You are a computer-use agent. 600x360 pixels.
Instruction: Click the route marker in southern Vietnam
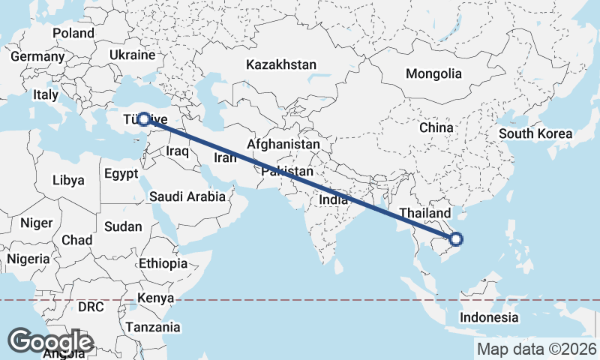(x=456, y=240)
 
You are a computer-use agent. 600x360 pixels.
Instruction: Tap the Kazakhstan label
(x=281, y=65)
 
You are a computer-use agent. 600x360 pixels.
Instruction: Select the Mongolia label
(x=433, y=74)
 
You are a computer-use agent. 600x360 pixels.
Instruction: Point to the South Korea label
(x=535, y=134)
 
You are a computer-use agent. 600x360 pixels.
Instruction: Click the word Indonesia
(x=489, y=317)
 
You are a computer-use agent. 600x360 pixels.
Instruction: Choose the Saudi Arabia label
(x=187, y=197)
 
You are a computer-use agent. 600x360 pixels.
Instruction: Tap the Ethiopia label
(x=163, y=264)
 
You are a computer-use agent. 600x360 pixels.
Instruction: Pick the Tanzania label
(x=153, y=327)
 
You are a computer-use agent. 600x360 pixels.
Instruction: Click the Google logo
(x=51, y=341)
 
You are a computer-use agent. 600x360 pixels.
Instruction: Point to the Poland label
(x=73, y=34)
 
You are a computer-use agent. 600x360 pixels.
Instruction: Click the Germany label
(x=37, y=57)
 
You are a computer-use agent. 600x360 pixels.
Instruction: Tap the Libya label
(x=68, y=181)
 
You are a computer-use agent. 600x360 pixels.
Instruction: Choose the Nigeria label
(x=28, y=259)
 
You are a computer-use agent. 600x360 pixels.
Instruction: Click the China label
(x=436, y=128)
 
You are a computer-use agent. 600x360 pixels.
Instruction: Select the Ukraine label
(x=132, y=55)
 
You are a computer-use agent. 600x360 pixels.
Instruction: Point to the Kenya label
(x=156, y=298)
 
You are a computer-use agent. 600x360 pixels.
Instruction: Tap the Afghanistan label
(x=283, y=144)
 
